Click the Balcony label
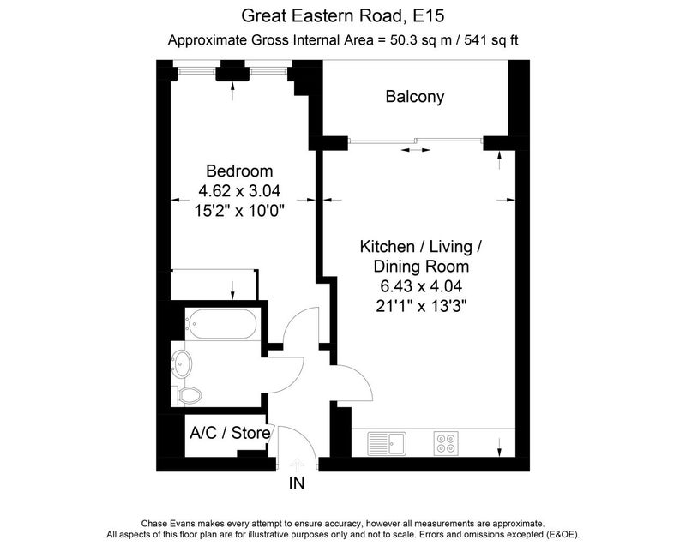coord(415,97)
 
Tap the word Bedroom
coord(239,171)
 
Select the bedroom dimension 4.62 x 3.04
coord(239,190)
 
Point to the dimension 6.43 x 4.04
coord(421,286)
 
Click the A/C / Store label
coord(230,433)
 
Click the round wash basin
coord(181,363)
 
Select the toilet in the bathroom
coord(187,395)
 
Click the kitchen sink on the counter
coord(387,443)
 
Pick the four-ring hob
coord(446,443)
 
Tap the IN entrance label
coord(297,483)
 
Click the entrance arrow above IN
coord(297,464)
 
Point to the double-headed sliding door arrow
coord(416,150)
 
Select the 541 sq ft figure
coord(491,40)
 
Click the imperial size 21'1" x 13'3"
coord(421,306)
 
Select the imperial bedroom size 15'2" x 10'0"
coord(239,211)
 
